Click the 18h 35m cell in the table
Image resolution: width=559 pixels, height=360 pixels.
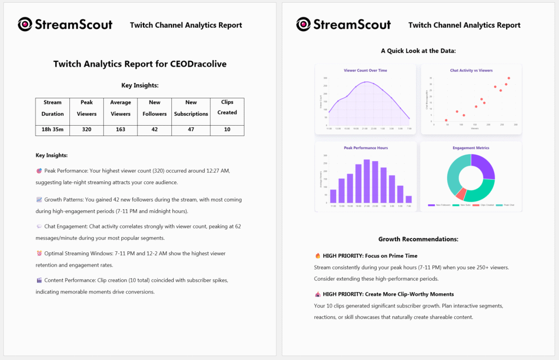tap(53, 130)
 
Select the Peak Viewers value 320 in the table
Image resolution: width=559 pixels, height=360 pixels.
tap(87, 130)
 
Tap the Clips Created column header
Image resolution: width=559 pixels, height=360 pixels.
tap(227, 107)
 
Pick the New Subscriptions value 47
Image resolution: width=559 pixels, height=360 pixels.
tap(191, 130)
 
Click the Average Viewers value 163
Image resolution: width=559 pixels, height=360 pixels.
tap(121, 130)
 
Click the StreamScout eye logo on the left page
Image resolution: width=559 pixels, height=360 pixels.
tap(25, 25)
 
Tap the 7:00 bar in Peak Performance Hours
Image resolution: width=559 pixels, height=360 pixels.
tap(409, 199)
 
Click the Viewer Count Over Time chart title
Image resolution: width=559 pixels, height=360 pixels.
tap(365, 70)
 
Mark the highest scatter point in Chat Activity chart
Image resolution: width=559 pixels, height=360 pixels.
tap(509, 78)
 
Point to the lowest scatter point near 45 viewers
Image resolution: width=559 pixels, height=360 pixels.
tap(446, 120)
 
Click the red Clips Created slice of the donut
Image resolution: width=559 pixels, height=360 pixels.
tap(461, 194)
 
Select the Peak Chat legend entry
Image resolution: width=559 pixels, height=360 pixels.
tap(506, 205)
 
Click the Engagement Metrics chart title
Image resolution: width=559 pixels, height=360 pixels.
tap(471, 147)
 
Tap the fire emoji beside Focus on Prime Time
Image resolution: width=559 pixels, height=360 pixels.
tap(318, 256)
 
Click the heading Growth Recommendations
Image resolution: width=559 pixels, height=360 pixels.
tap(418, 239)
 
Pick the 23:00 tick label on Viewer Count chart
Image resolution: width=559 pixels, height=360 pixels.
tap(374, 129)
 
